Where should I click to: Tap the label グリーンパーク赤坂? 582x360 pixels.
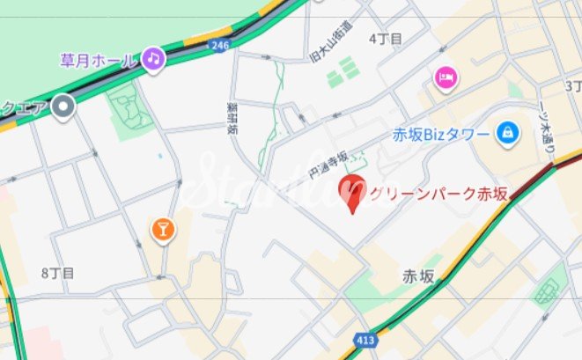pyautogui.click(x=439, y=195)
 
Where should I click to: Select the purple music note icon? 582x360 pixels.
pyautogui.click(x=154, y=58)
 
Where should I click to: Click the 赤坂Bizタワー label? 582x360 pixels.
pyautogui.click(x=441, y=136)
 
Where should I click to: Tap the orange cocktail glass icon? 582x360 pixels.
pyautogui.click(x=163, y=231)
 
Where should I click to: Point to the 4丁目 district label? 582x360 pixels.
pyautogui.click(x=385, y=39)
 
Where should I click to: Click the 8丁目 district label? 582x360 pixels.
pyautogui.click(x=57, y=274)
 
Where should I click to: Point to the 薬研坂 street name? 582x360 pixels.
pyautogui.click(x=232, y=117)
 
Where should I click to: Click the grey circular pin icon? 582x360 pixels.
pyautogui.click(x=63, y=108)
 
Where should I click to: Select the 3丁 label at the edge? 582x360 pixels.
pyautogui.click(x=573, y=85)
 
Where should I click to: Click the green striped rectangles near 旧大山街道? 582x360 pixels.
pyautogui.click(x=343, y=72)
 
